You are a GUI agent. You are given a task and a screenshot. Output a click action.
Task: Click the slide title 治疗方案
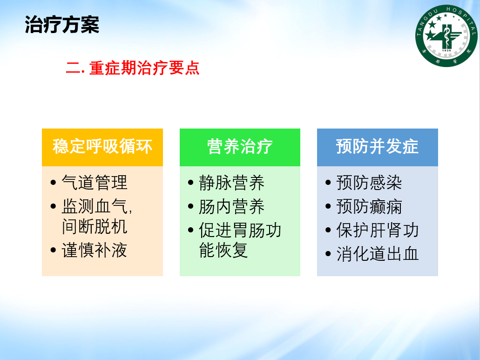point(62,25)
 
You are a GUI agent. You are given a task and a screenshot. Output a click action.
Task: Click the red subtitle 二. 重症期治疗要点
point(133,68)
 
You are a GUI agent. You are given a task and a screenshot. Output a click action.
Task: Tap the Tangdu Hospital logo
point(446,35)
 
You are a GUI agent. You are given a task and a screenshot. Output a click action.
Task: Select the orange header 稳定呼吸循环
point(102,146)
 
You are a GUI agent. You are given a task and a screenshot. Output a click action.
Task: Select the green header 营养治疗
point(240,146)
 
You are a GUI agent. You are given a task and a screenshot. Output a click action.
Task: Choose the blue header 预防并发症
point(377,146)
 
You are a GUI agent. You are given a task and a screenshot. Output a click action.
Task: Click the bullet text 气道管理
point(95,183)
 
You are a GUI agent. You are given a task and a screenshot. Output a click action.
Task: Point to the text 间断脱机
point(95,226)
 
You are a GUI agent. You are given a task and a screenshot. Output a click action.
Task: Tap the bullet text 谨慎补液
point(95,250)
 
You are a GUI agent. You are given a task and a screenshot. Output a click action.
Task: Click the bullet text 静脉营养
point(232,183)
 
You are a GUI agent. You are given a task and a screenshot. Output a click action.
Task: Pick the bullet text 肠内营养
point(232,206)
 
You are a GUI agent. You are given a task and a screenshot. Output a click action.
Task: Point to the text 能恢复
point(223,250)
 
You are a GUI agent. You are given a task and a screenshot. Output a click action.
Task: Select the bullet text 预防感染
point(369,183)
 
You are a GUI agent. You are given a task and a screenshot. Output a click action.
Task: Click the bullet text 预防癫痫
point(369,206)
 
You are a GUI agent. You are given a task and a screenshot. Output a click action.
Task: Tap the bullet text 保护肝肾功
point(378,230)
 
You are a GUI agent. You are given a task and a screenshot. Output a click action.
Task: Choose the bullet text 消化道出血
point(378,254)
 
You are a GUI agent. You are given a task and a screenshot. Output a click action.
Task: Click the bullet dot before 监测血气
point(53,206)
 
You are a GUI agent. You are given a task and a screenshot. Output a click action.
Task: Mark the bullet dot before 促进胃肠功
point(191,230)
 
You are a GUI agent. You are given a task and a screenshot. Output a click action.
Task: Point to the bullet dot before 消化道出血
point(328,254)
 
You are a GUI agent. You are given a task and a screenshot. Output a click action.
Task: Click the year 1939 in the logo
point(446,50)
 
